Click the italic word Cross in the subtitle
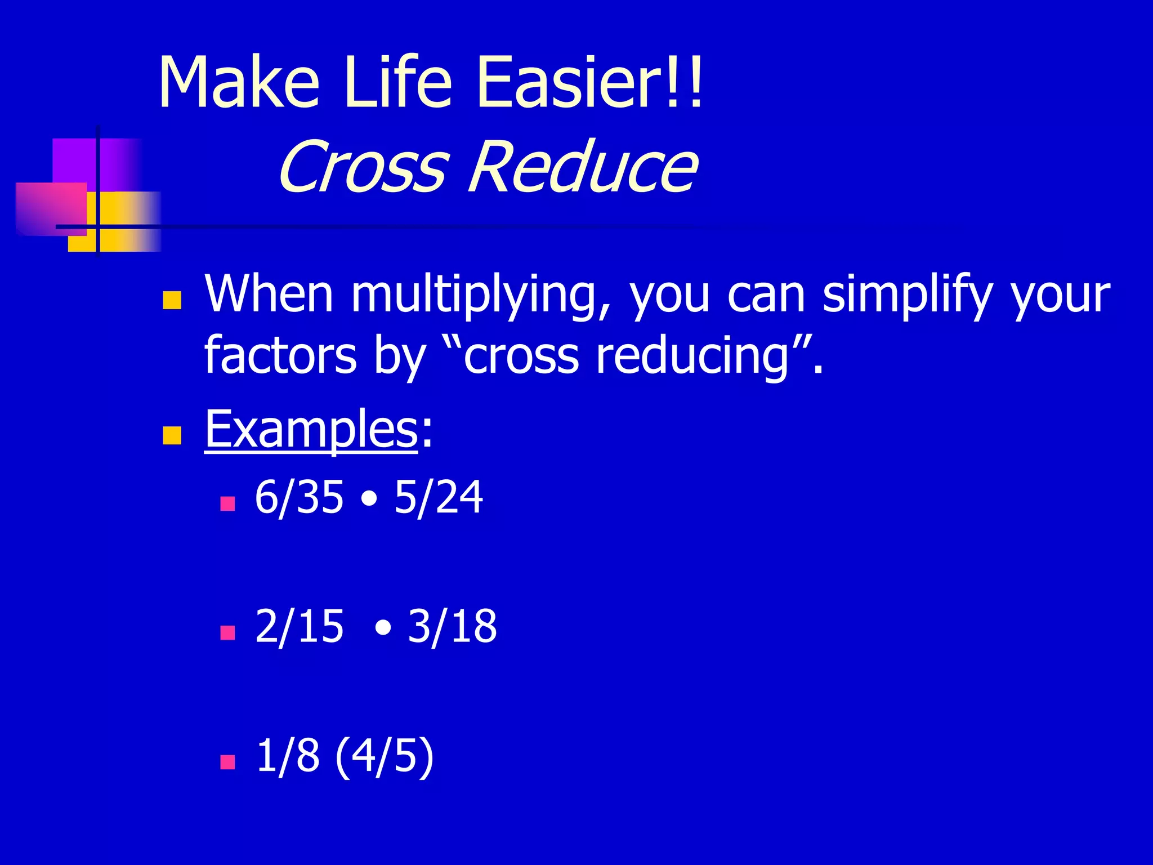tap(363, 167)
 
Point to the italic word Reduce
tap(583, 167)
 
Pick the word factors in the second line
tap(280, 356)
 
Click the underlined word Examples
tap(311, 431)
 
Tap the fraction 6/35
tap(298, 497)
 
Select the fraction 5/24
tap(438, 497)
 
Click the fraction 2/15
tap(298, 626)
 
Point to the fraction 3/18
tap(452, 626)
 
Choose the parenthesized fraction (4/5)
tap(385, 756)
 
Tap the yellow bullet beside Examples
tap(172, 435)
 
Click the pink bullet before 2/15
tap(227, 632)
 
